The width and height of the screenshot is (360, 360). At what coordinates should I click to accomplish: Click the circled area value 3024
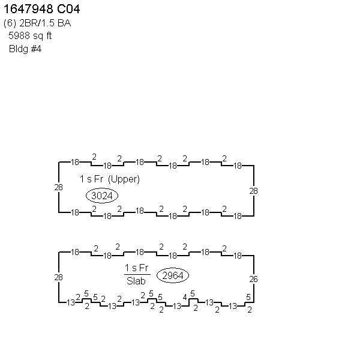click(x=102, y=196)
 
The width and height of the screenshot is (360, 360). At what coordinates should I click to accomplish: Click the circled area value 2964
click(x=173, y=275)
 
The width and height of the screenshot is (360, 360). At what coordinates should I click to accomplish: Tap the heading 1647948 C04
click(x=41, y=9)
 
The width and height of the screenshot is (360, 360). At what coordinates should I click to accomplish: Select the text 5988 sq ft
click(x=30, y=36)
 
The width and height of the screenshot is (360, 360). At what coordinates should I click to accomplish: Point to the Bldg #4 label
click(x=25, y=49)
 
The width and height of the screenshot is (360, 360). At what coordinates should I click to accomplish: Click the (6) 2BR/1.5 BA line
click(x=37, y=23)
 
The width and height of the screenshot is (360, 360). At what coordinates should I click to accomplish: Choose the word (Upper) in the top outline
click(x=124, y=179)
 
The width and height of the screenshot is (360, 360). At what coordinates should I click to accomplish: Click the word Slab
click(x=136, y=281)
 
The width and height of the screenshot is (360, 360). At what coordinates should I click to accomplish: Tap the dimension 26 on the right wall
click(x=253, y=279)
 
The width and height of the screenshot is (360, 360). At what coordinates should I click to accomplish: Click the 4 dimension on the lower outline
click(x=185, y=298)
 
